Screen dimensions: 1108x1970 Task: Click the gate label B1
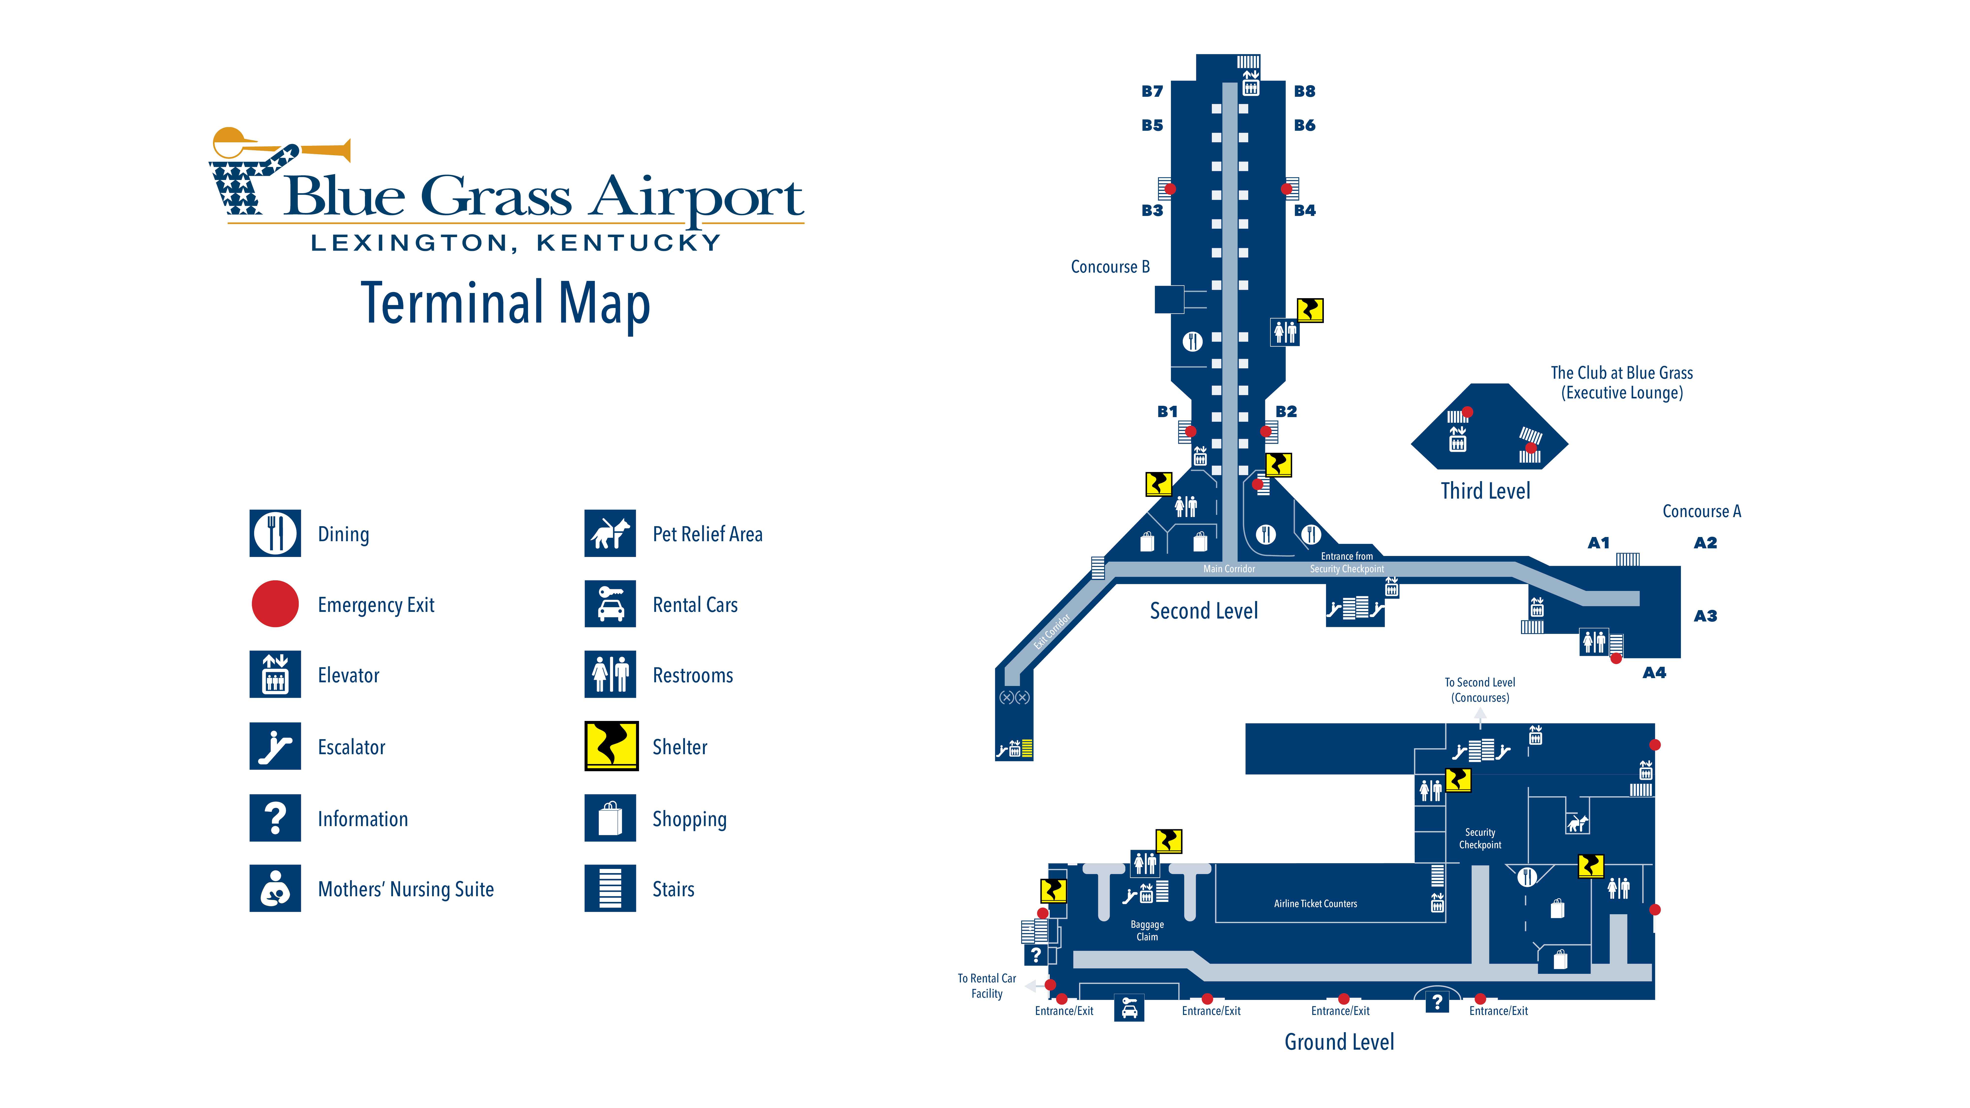pyautogui.click(x=1167, y=411)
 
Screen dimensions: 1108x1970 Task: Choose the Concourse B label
pyautogui.click(x=1110, y=267)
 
